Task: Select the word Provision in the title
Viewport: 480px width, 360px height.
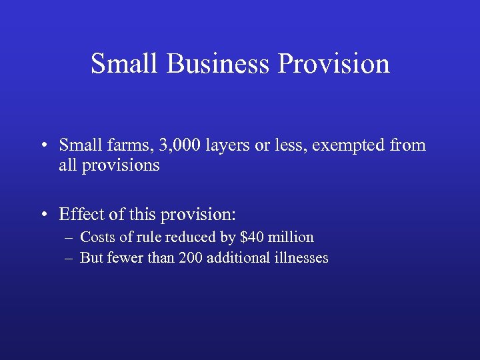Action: [x=334, y=64]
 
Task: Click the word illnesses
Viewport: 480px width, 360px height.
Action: [x=300, y=258]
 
